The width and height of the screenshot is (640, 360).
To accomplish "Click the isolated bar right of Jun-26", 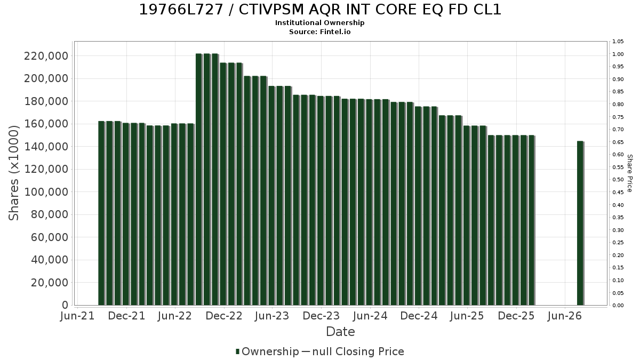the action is click(580, 223).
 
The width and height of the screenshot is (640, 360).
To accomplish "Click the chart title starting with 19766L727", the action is click(320, 10).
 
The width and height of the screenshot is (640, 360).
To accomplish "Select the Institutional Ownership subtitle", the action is click(319, 23).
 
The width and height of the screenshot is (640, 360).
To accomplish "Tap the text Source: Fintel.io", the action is click(319, 31).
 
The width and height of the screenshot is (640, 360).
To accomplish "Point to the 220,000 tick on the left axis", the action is click(46, 56).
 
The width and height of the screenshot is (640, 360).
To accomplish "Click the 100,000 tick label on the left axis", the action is click(46, 192).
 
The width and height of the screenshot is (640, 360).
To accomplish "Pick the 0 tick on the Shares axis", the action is click(65, 305).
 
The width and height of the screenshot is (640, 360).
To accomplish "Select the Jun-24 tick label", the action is click(370, 316).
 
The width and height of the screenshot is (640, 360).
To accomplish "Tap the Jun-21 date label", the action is click(77, 316).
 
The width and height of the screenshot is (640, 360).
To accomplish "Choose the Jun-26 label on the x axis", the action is click(565, 316).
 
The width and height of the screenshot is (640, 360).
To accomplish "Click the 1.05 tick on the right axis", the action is click(618, 42).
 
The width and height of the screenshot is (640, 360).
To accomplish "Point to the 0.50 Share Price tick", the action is click(618, 180).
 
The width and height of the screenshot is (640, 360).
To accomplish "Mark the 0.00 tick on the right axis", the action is click(618, 306).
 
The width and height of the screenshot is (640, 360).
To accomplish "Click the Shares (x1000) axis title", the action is click(13, 173).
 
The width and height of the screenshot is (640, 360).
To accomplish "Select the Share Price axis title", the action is click(629, 173).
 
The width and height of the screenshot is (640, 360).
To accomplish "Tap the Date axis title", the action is click(340, 332).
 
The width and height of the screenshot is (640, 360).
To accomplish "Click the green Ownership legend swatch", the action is click(237, 351).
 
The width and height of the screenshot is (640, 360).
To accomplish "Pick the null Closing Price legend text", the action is click(358, 351).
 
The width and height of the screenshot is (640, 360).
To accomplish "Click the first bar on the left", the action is click(101, 213).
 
